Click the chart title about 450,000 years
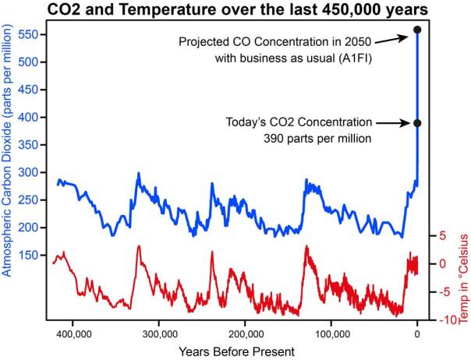click(x=235, y=9)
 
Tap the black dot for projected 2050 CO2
click(x=417, y=30)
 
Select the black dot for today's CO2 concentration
click(x=417, y=123)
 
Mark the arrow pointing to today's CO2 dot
click(x=394, y=122)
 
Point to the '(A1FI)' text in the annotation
click(x=356, y=57)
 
